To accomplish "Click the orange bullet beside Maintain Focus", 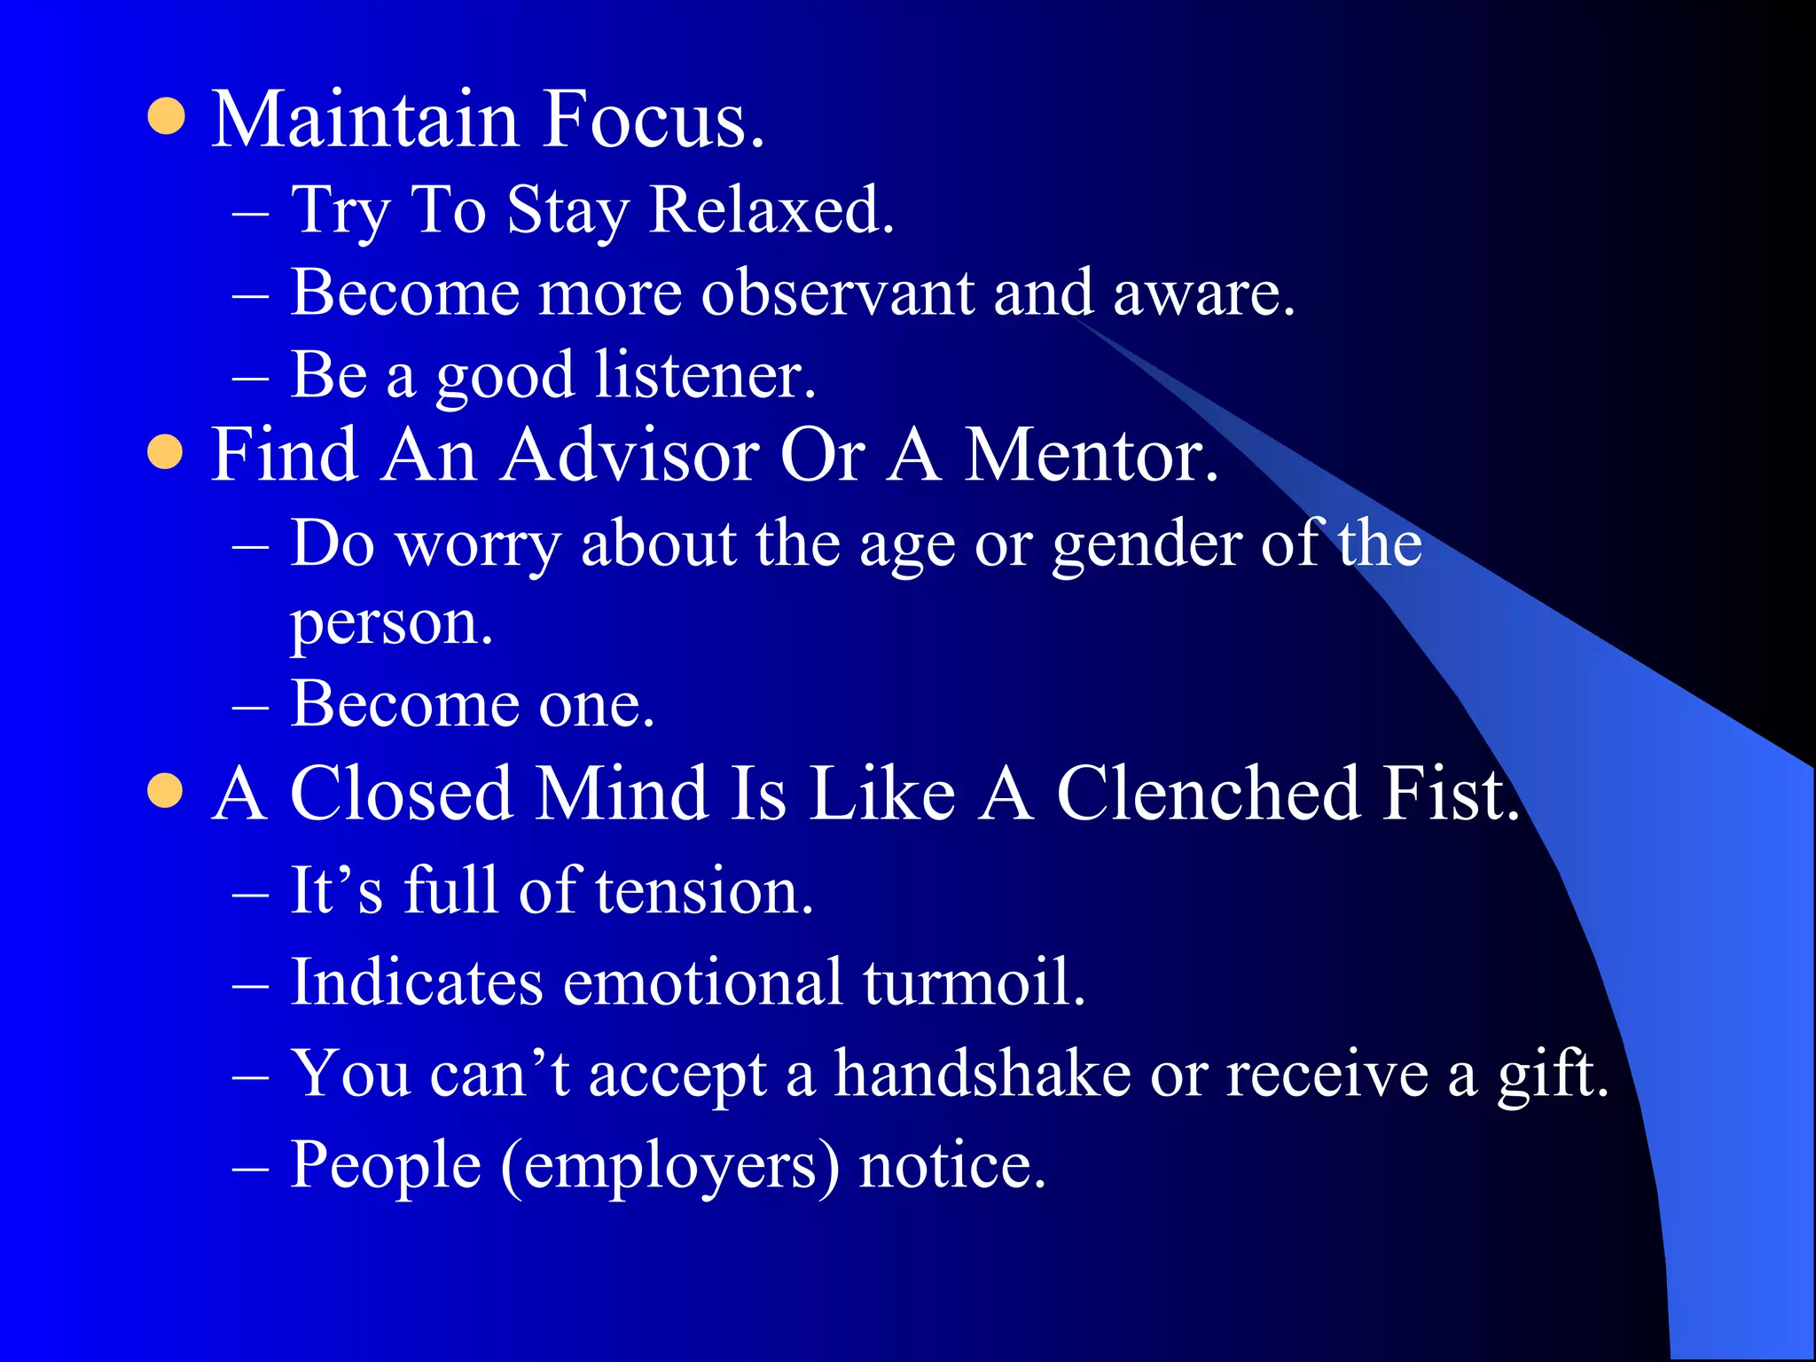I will point(166,116).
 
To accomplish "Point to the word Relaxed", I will point(771,211).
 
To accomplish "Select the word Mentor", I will point(1091,455).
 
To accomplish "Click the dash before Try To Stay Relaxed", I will point(250,214).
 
